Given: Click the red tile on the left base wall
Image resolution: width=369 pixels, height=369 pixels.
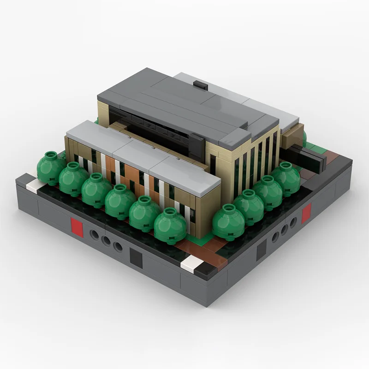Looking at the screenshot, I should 77,228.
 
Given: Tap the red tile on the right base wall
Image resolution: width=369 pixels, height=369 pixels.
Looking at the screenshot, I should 306,213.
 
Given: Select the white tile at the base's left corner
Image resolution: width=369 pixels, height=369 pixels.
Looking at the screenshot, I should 35,186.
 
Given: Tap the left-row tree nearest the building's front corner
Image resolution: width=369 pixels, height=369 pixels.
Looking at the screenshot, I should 170,225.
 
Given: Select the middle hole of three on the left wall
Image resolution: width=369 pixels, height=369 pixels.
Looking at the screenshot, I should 106,241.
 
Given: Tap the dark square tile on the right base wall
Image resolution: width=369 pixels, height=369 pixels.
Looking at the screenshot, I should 262,249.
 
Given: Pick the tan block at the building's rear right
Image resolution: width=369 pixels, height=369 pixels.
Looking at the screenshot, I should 292,137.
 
